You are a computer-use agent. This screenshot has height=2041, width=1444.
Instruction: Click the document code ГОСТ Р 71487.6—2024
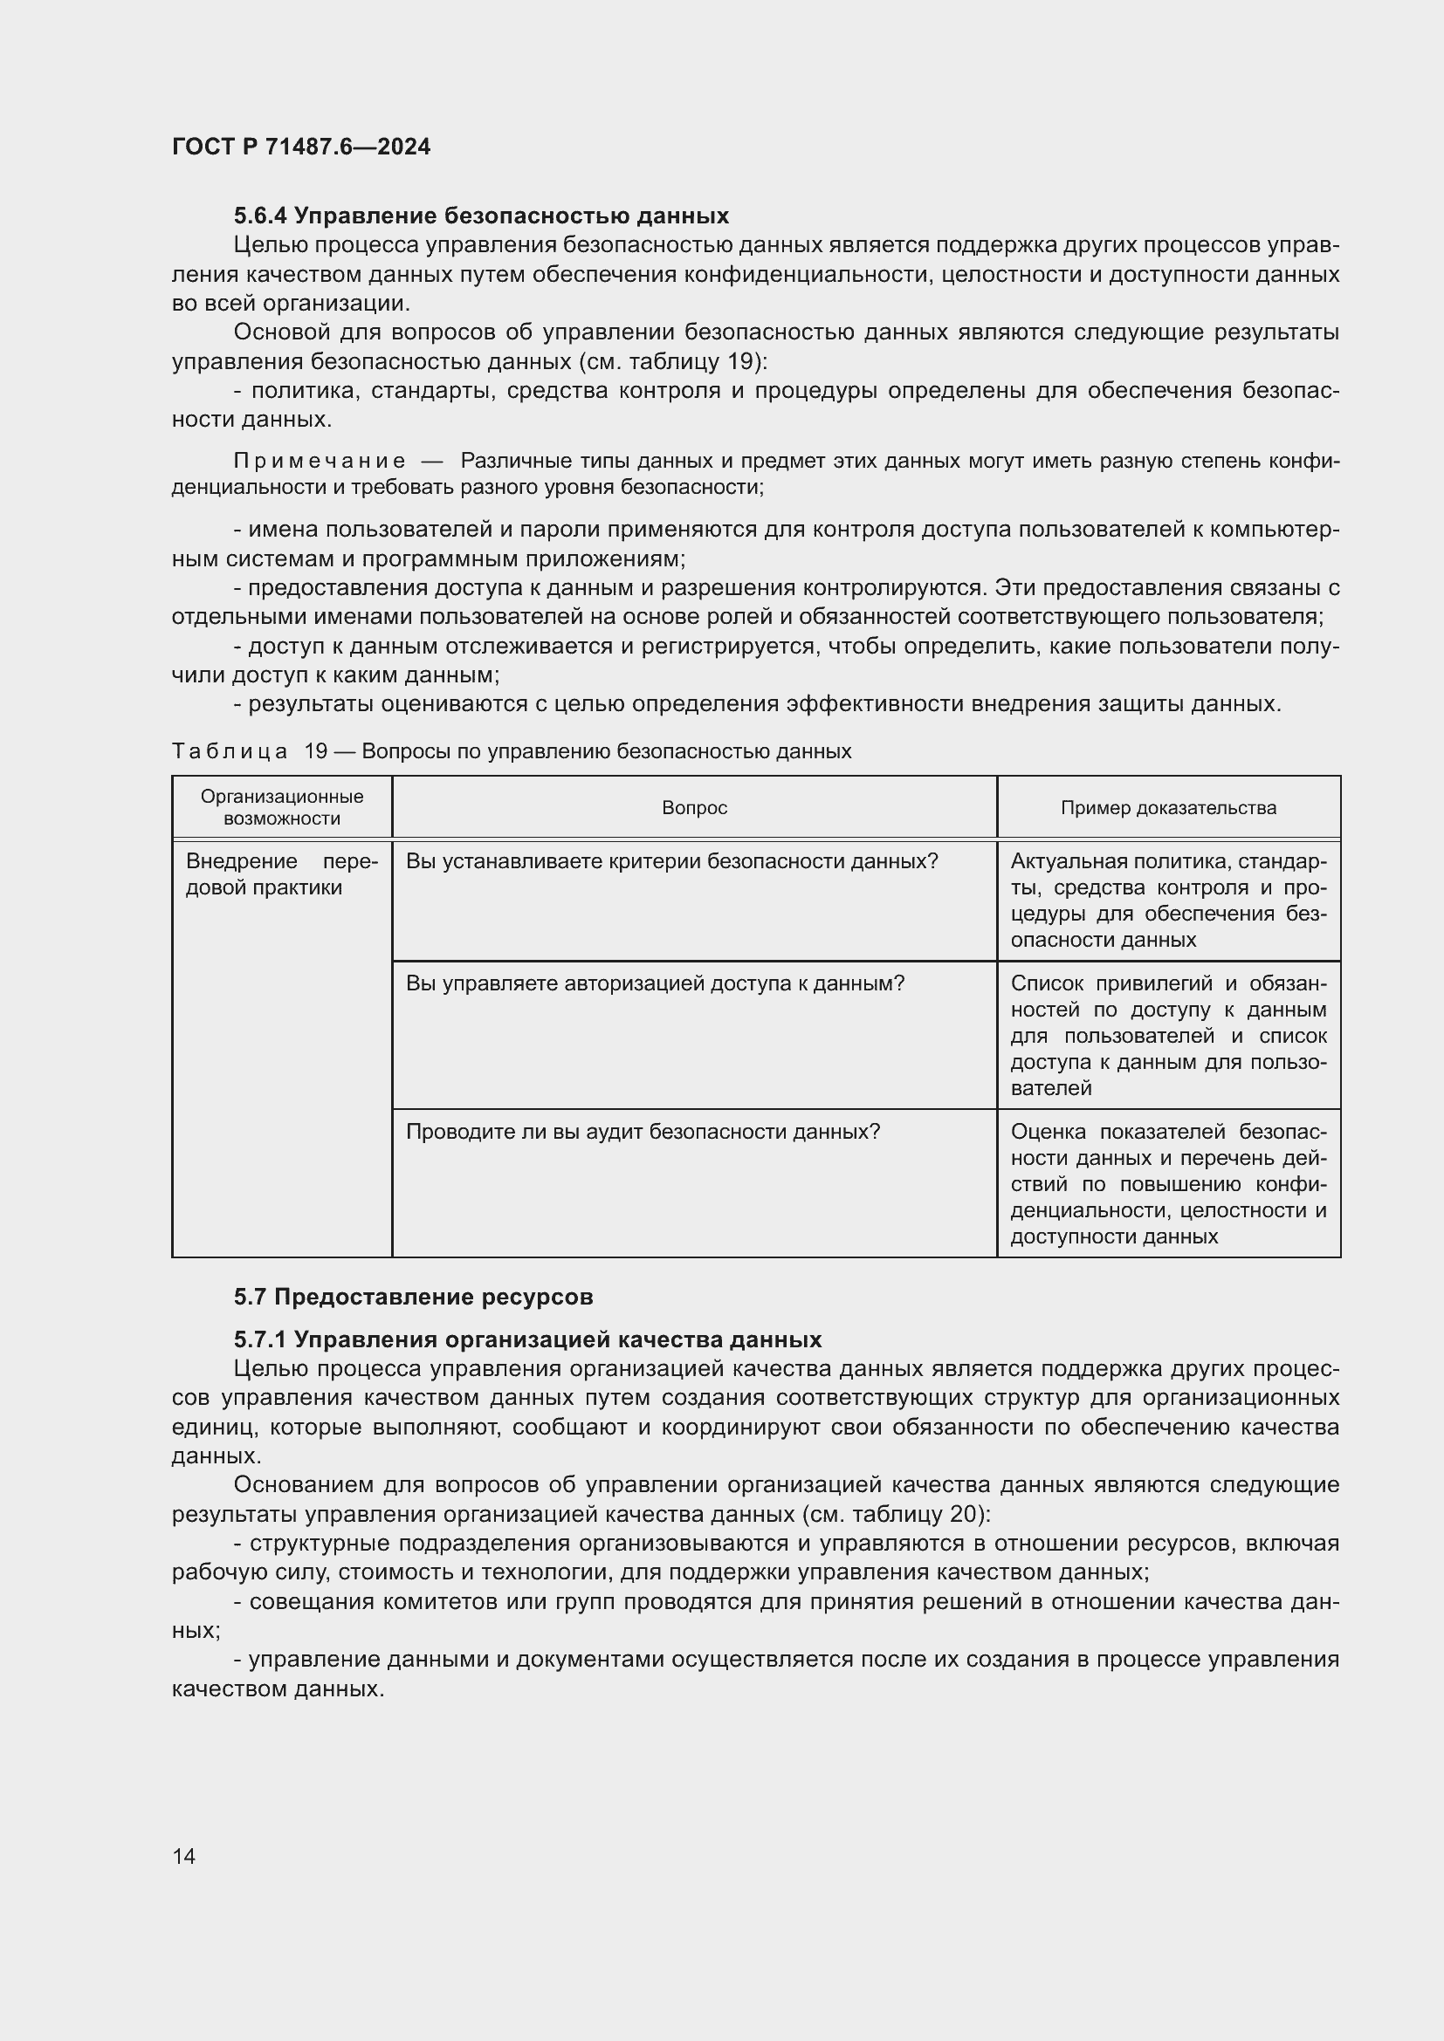coord(300,147)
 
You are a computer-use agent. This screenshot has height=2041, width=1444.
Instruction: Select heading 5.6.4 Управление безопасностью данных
coord(481,216)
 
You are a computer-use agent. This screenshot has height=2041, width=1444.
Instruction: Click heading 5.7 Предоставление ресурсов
coord(414,1297)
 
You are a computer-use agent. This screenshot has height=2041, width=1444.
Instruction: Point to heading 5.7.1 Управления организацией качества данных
coord(527,1339)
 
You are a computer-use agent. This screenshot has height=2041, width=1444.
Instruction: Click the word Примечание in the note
coord(320,461)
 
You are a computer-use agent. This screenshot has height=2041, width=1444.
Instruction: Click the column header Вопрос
coord(694,808)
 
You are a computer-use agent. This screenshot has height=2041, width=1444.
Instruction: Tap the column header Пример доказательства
coord(1168,808)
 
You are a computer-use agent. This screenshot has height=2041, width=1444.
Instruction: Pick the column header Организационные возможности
coord(282,807)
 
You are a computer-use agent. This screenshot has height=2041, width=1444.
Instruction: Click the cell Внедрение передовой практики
coord(281,874)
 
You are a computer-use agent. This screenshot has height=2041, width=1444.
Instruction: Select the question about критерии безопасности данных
coord(672,861)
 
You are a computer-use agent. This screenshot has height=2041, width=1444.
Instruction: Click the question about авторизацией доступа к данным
coord(656,983)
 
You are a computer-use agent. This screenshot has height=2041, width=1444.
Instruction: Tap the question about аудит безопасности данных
coord(643,1132)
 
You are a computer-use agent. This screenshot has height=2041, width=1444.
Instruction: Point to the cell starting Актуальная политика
coord(1168,901)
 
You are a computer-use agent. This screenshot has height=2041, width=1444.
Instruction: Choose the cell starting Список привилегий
coord(1168,1036)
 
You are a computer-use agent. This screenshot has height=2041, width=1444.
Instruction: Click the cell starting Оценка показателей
coord(1168,1184)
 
